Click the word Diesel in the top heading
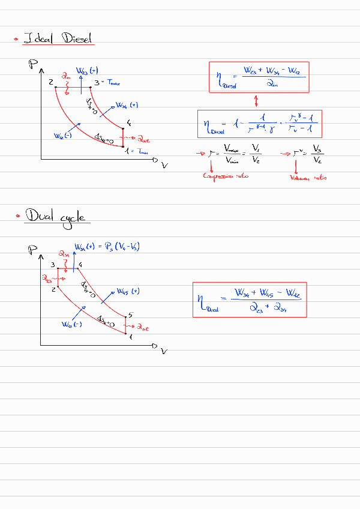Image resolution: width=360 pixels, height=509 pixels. click(x=78, y=40)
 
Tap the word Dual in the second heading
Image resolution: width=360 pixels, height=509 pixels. click(x=37, y=216)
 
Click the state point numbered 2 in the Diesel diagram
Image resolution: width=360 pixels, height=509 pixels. click(x=52, y=82)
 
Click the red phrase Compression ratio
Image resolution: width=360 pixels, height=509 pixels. click(x=226, y=176)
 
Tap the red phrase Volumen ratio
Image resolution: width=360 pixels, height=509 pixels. click(x=308, y=178)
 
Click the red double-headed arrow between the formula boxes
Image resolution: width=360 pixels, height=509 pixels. click(x=256, y=100)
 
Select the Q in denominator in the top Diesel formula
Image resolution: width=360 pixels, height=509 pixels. click(x=271, y=85)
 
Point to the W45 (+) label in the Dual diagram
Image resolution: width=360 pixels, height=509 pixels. click(x=127, y=292)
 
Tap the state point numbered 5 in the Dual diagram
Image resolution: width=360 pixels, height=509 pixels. click(x=130, y=315)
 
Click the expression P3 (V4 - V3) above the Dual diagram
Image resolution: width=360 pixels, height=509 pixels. click(x=124, y=247)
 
